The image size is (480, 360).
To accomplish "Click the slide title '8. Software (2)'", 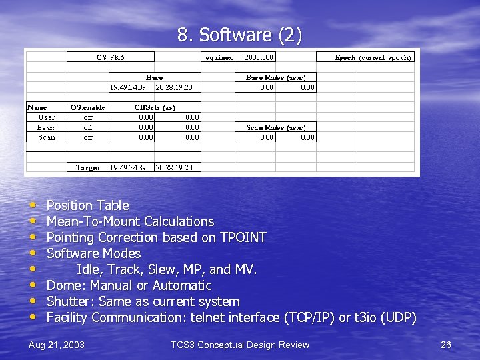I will click(239, 35).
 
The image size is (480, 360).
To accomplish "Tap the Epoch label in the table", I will click(345, 57).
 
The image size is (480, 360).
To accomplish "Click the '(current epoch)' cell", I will click(385, 57).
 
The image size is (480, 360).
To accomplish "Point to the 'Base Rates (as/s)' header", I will click(276, 77).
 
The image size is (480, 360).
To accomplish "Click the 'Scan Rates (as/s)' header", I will click(276, 127).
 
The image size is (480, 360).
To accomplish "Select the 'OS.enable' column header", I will click(87, 107).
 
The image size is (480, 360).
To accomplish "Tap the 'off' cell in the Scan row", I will click(88, 137).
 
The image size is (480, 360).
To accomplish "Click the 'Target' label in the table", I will click(88, 167).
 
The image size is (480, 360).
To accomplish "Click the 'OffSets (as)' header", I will click(155, 107).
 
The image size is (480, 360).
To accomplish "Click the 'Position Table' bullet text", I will click(87, 205).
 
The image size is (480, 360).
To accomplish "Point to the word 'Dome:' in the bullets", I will click(63, 285).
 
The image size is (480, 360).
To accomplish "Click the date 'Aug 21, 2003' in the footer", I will click(57, 345).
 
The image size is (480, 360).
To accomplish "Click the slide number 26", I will click(446, 345).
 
